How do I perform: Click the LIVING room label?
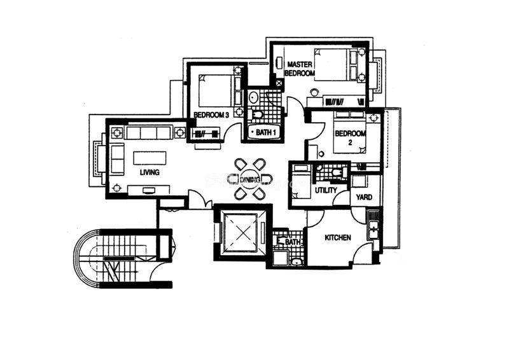[150, 172]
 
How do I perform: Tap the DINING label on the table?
[250, 179]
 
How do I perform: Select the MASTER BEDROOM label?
[300, 69]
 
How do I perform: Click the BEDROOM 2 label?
[351, 137]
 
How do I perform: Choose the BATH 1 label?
[266, 132]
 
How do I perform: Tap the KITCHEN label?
[338, 238]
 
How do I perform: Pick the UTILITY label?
[326, 190]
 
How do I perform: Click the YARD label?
[364, 197]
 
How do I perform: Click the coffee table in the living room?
[150, 158]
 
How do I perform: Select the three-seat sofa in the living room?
[148, 133]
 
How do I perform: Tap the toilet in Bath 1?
[256, 114]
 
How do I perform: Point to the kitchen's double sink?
[373, 226]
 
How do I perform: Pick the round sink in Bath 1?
[253, 97]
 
